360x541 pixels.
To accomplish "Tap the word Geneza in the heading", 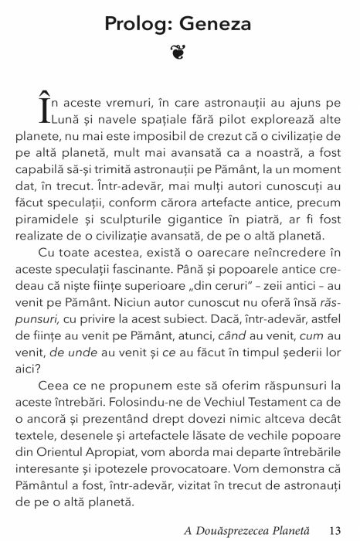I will point(217,26).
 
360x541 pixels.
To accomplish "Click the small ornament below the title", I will point(179,56).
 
